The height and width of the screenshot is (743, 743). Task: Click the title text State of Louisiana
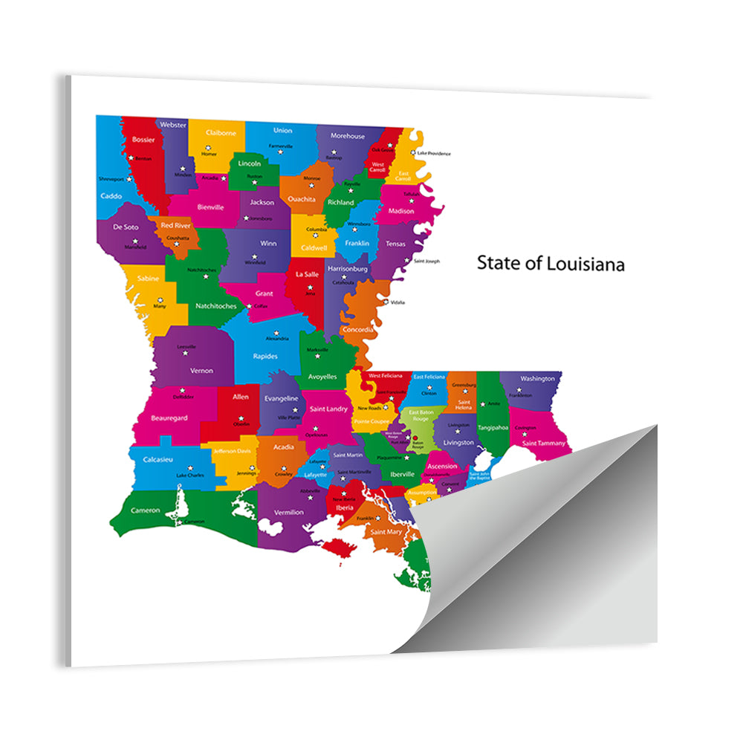[x=551, y=263]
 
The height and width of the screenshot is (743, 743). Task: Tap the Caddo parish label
[x=111, y=195]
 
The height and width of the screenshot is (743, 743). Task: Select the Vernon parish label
[x=201, y=370]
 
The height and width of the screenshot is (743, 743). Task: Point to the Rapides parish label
[x=265, y=356]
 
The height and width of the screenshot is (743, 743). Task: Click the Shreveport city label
[x=111, y=178]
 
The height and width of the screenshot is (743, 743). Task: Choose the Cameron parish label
[x=146, y=510]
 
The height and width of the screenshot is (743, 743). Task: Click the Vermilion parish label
[x=289, y=512]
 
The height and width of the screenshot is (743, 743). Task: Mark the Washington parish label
[x=537, y=378]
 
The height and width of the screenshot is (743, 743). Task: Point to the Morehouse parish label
[x=348, y=136]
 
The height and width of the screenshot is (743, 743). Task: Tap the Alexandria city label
[x=276, y=338]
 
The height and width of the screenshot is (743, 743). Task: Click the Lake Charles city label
[x=190, y=475]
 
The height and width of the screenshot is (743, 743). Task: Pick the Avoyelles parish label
[x=322, y=377]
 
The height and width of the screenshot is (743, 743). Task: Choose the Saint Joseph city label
[x=427, y=261]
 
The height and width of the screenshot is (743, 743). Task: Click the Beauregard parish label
[x=169, y=418]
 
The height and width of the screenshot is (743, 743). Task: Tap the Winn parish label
[x=268, y=243]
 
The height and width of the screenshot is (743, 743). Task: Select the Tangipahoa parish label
[x=493, y=427]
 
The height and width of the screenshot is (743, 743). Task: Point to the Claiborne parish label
[x=221, y=132]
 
